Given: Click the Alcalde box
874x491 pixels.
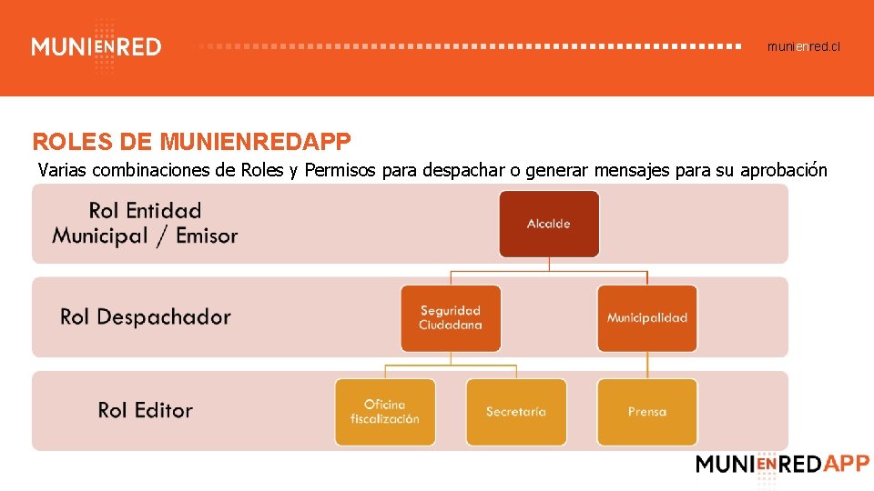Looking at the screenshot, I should click(549, 224).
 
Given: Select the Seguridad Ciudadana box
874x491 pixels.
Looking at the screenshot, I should click(451, 318).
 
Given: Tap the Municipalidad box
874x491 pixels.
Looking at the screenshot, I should click(647, 318).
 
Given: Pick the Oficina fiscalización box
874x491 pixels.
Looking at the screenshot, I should click(385, 412).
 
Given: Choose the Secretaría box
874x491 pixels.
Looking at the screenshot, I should click(516, 412).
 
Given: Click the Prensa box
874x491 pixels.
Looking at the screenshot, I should click(647, 412).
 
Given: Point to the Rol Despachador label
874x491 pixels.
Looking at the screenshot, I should click(146, 316).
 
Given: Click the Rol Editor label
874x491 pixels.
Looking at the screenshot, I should click(146, 410).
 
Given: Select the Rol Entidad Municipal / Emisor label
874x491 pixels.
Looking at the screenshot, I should click(146, 223).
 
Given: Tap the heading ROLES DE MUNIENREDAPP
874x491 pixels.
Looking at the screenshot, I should click(191, 142).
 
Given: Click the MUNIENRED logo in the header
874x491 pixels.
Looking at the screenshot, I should click(97, 46).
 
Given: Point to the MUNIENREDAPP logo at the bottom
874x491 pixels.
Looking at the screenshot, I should click(782, 464).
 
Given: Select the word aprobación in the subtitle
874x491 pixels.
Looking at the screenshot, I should click(784, 170).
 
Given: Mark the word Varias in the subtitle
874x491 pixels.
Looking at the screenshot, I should click(64, 170).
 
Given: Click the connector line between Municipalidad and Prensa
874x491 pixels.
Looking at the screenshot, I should click(647, 366).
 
